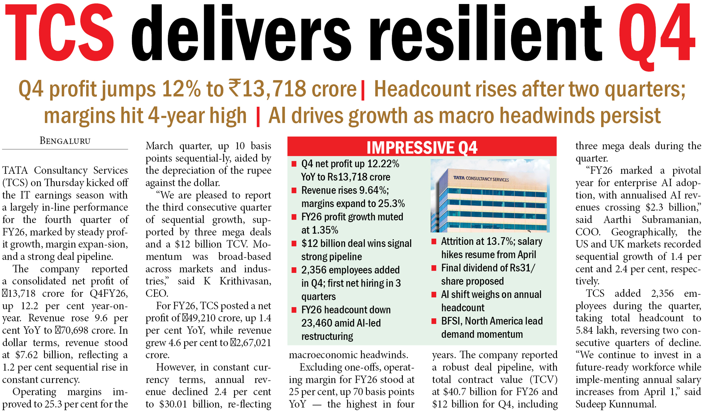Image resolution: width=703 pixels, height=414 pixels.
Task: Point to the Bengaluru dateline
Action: click(65, 141)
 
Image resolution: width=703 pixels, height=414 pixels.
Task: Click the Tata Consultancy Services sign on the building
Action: click(481, 179)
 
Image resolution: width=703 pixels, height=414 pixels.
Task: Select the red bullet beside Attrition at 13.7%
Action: click(434, 242)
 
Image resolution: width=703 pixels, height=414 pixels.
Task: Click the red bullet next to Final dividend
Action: click(434, 268)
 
